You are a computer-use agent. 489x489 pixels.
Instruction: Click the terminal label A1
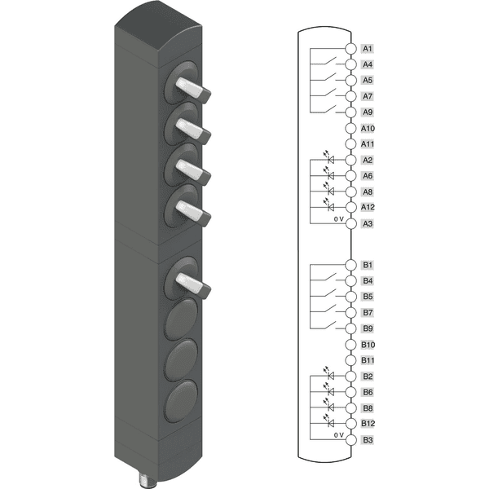click(368, 49)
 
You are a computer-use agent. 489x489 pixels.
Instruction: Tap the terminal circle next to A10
click(350, 128)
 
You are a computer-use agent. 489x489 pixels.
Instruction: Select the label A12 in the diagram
click(368, 207)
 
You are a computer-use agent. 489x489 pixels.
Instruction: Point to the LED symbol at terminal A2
click(329, 157)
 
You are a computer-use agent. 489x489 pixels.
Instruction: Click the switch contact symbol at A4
click(331, 61)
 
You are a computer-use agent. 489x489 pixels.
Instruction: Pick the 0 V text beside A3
click(339, 219)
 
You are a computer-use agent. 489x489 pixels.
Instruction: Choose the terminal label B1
click(368, 265)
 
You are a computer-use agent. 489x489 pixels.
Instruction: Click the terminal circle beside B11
click(350, 360)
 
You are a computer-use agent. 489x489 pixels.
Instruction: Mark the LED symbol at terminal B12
click(329, 421)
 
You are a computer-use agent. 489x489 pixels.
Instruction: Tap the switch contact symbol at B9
click(331, 325)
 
